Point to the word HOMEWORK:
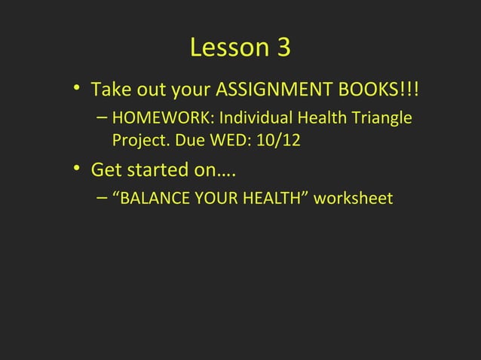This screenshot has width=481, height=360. click(x=163, y=119)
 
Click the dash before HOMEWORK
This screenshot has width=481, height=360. click(x=102, y=119)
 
